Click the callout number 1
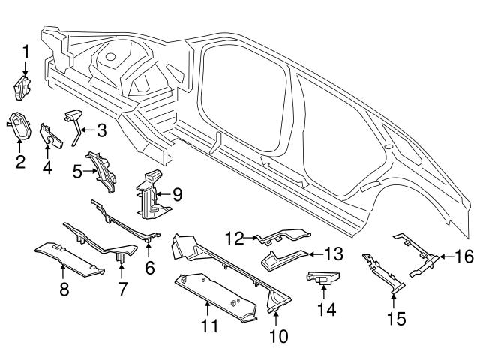point(25,52)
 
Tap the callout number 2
point(20,160)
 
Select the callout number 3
point(101,130)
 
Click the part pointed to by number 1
point(22,86)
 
